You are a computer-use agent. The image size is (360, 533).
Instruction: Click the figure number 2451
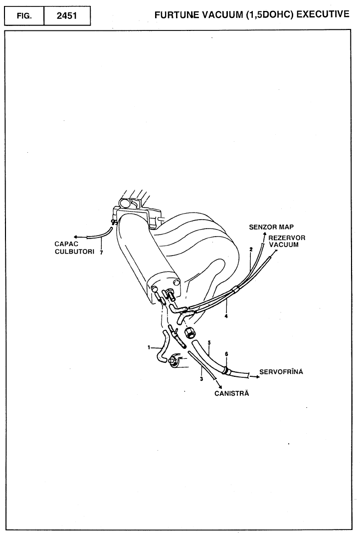pyautogui.click(x=67, y=15)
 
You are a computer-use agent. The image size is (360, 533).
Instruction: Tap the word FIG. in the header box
pyautogui.click(x=24, y=15)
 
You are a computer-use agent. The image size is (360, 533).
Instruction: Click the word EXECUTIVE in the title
pyautogui.click(x=322, y=14)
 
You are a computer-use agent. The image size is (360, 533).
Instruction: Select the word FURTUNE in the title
pyautogui.click(x=178, y=14)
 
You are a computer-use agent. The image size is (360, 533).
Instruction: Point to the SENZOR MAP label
pyautogui.click(x=272, y=227)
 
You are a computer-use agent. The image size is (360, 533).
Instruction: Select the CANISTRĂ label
pyautogui.click(x=231, y=393)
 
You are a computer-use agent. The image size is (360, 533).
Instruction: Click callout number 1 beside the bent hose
pyautogui.click(x=149, y=347)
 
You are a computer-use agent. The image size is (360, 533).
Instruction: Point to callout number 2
pyautogui.click(x=251, y=248)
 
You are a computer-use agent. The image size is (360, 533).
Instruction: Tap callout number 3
pyautogui.click(x=201, y=379)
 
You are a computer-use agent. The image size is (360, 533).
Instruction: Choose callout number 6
pyautogui.click(x=226, y=354)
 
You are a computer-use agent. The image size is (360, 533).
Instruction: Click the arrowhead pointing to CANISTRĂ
pyautogui.click(x=218, y=385)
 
